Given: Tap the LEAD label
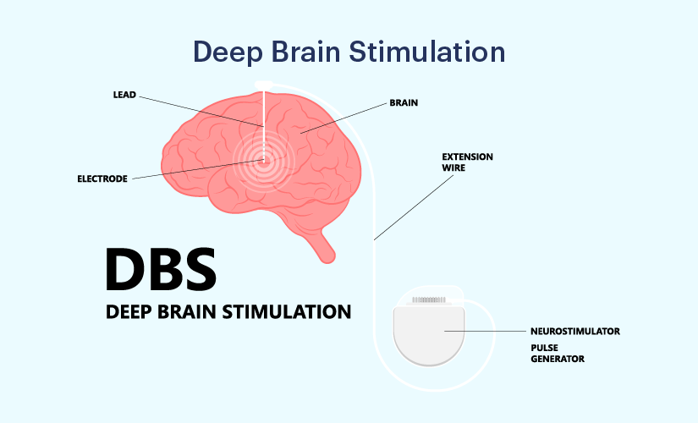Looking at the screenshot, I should [125, 94].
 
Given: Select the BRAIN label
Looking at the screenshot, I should [404, 102].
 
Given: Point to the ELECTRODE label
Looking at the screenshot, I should [101, 179].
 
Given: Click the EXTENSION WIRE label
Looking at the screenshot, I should [467, 162].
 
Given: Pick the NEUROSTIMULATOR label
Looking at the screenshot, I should [574, 331].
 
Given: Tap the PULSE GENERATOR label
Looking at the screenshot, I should [558, 353].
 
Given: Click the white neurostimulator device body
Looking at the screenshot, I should [432, 334].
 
